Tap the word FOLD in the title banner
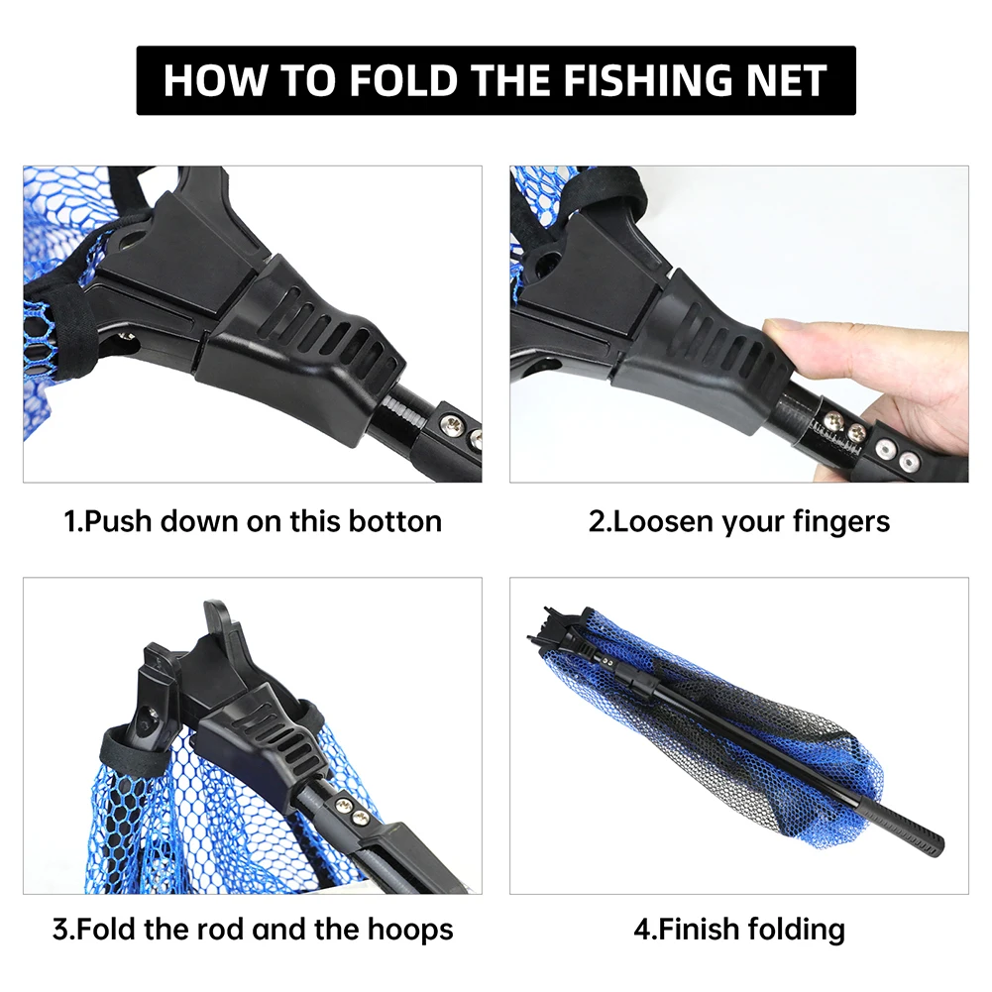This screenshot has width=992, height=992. [402, 80]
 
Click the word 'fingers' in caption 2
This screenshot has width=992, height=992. [841, 522]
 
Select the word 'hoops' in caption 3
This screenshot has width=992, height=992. [410, 931]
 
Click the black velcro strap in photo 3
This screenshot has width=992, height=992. [136, 749]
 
